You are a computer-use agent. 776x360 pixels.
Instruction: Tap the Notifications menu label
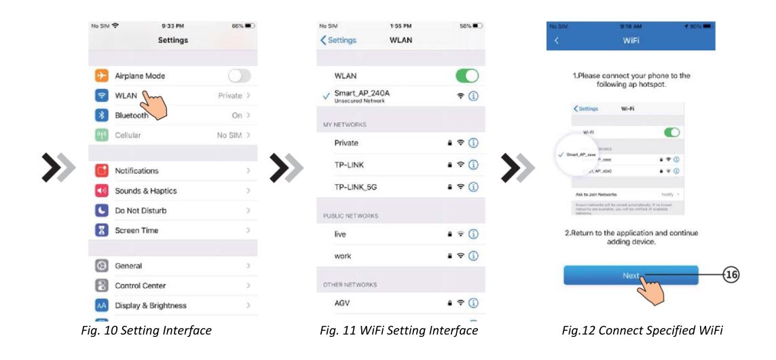pos(136,170)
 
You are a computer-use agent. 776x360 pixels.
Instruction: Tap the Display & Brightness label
pos(149,306)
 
